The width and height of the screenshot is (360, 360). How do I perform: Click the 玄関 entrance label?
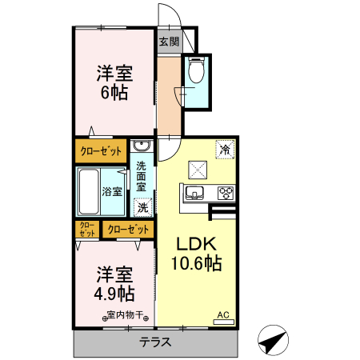pyautogui.click(x=168, y=42)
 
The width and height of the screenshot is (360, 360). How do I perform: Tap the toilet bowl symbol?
pyautogui.click(x=196, y=72)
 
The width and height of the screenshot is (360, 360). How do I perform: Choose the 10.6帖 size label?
pyautogui.click(x=195, y=262)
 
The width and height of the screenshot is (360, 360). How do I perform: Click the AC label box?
pyautogui.click(x=224, y=317)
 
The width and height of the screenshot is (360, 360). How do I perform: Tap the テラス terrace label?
pyautogui.click(x=156, y=342)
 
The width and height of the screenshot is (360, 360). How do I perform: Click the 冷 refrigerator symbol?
pyautogui.click(x=225, y=149)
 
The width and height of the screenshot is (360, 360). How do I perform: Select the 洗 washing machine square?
pyautogui.click(x=142, y=207)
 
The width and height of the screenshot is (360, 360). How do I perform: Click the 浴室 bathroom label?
pyautogui.click(x=112, y=191)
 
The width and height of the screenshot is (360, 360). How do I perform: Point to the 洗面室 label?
pyautogui.click(x=142, y=178)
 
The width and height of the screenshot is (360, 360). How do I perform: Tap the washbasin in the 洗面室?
pyautogui.click(x=142, y=146)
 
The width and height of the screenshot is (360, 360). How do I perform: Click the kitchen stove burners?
pyautogui.click(x=225, y=192)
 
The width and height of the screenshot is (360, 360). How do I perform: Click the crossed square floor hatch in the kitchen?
pyautogui.click(x=197, y=169)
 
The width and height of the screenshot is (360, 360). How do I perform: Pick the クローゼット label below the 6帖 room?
pyautogui.click(x=101, y=150)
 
